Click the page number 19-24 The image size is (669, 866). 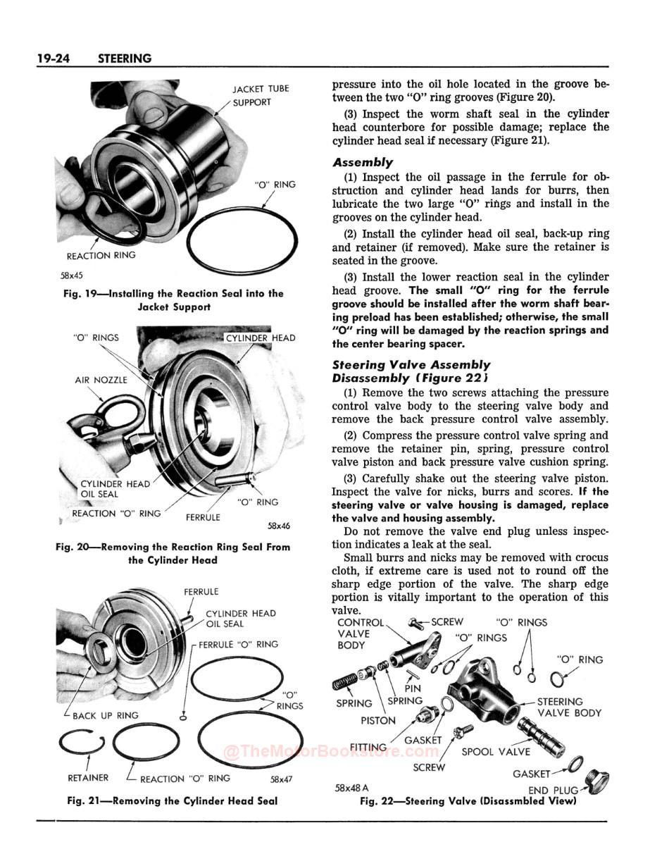[59, 58]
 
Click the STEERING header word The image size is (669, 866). [125, 58]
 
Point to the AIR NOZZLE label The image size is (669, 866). [101, 380]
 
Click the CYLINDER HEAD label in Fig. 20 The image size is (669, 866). [260, 338]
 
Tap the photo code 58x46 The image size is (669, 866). [278, 526]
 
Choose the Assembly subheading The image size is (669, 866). [363, 162]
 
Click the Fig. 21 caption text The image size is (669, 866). [172, 800]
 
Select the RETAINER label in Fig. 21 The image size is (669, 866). [88, 778]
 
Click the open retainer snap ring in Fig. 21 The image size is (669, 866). [82, 741]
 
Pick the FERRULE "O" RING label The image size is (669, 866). [238, 644]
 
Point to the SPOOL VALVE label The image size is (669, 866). [496, 752]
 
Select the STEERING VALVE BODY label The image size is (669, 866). [569, 707]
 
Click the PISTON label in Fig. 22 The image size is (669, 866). [378, 721]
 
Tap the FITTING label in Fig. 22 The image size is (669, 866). [368, 747]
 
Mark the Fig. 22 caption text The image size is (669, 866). [468, 801]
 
